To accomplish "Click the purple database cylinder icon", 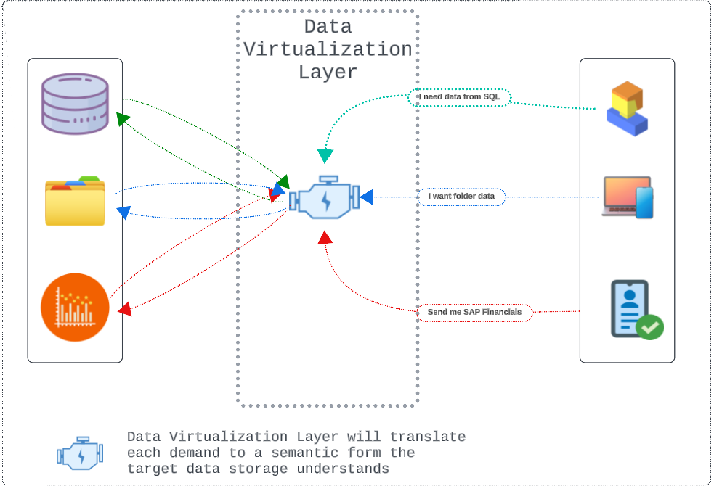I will [75, 104].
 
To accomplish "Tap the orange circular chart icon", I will [75, 307].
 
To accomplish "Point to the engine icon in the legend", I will [80, 454].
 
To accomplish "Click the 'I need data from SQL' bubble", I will [459, 97].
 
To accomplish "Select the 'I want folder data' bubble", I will [461, 197].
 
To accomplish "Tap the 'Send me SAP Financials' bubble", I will [474, 313].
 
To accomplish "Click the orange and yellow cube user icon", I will [626, 108].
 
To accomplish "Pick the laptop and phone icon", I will [628, 197].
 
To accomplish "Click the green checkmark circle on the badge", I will [649, 327].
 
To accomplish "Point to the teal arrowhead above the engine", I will [325, 155].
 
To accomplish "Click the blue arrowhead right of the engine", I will [366, 197].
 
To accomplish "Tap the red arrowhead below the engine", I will [325, 237].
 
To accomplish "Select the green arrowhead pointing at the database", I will [123, 118].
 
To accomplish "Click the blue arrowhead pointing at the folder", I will [123, 213].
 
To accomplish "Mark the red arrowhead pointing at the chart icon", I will [124, 309].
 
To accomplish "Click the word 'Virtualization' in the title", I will [328, 49].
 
